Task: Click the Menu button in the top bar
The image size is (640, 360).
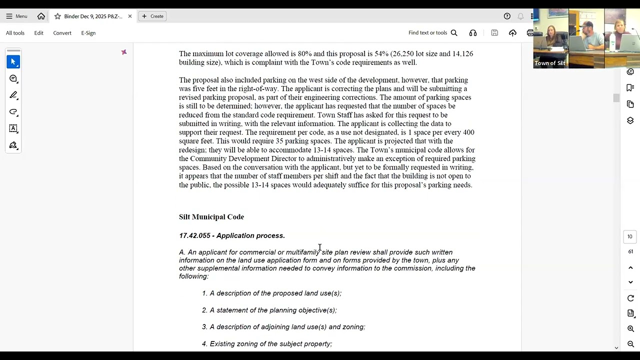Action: click(x=16, y=16)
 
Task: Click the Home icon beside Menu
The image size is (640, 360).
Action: click(x=41, y=16)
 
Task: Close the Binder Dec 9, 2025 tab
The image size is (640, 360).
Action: click(x=130, y=16)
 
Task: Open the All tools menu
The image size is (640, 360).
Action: click(x=15, y=33)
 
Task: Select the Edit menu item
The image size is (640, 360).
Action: click(x=38, y=33)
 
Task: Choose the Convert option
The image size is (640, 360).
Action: click(x=62, y=33)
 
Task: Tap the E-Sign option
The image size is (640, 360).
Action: click(x=88, y=33)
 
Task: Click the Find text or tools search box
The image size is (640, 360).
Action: click(x=432, y=33)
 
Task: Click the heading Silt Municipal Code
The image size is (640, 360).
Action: click(x=211, y=217)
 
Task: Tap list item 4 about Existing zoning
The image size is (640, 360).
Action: click(x=267, y=344)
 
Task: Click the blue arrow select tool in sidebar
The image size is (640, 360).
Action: click(x=13, y=62)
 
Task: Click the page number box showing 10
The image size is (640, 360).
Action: click(x=630, y=236)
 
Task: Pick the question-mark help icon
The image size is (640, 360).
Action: click(x=507, y=16)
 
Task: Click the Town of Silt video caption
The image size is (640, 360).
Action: click(x=549, y=63)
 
